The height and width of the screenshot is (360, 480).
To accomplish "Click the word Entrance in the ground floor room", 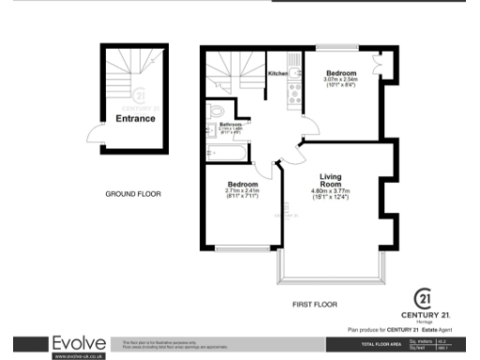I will click(x=135, y=119).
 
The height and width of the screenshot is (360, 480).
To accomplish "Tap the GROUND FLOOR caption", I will click(x=133, y=195).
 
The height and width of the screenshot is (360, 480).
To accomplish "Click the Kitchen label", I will click(x=277, y=73).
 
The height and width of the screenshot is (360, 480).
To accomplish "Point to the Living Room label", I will click(x=330, y=180).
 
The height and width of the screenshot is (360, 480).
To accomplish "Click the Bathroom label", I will click(x=231, y=125).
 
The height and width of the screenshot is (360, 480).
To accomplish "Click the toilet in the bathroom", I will click(x=217, y=111).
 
